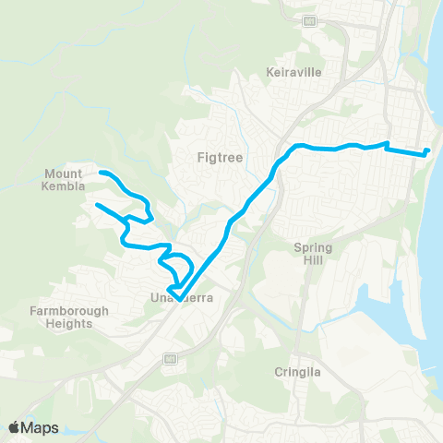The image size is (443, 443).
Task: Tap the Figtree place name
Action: pyautogui.click(x=220, y=157)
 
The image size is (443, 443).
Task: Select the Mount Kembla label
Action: pyautogui.click(x=64, y=180)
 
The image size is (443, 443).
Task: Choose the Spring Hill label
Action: pyautogui.click(x=312, y=254)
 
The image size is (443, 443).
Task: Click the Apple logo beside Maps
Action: pyautogui.click(x=15, y=427)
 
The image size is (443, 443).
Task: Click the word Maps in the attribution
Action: pyautogui.click(x=41, y=427)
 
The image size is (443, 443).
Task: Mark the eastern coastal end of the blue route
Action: pyautogui.click(x=429, y=150)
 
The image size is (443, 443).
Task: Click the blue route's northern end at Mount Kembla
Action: pyautogui.click(x=102, y=173)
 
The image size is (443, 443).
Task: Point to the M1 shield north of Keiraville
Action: pyautogui.click(x=310, y=20)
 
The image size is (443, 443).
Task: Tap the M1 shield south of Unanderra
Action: pyautogui.click(x=170, y=358)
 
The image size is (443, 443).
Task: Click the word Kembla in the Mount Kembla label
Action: pyautogui.click(x=64, y=186)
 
